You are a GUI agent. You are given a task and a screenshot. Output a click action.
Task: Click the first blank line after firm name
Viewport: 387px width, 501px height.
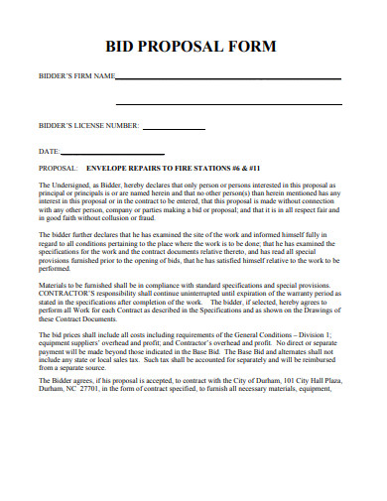[x=228, y=78]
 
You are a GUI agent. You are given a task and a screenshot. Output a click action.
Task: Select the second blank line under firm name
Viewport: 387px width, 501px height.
[x=228, y=103]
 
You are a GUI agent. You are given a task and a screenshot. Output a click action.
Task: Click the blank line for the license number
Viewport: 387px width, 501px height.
[x=175, y=129]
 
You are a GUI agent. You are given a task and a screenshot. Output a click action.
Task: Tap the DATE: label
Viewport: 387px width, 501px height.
[x=50, y=152]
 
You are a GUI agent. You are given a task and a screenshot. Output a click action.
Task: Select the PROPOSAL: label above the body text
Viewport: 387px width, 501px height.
[x=60, y=170]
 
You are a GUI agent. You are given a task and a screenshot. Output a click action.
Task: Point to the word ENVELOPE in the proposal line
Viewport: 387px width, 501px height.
[x=110, y=170]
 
